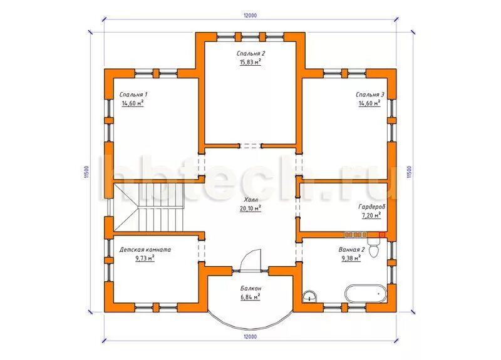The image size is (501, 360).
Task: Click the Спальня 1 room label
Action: pos(133,95)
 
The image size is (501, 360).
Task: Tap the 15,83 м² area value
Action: pos(250,62)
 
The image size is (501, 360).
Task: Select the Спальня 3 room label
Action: pos(370,95)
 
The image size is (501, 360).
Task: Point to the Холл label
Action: pos(250,200)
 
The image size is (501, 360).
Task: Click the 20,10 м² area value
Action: pos(250,208)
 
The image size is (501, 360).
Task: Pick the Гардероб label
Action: pos(371,207)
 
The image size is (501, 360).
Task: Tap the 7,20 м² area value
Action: pos(371,215)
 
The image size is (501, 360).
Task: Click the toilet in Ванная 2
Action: pos(373,247)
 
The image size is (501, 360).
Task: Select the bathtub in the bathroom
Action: pos(366,293)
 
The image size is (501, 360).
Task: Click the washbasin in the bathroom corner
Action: pos(309,296)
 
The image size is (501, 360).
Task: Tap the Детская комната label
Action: pos(145,249)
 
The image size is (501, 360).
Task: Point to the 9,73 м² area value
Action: pos(145,258)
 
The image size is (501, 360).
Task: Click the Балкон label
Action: pos(251,288)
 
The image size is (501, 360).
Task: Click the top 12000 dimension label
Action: pos(250,15)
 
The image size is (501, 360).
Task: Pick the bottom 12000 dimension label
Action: pos(250,337)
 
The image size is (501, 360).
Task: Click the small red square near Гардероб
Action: pos(382,235)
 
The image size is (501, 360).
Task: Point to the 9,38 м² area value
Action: pos(351,258)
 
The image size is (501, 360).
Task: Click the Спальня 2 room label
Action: pos(251,53)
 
